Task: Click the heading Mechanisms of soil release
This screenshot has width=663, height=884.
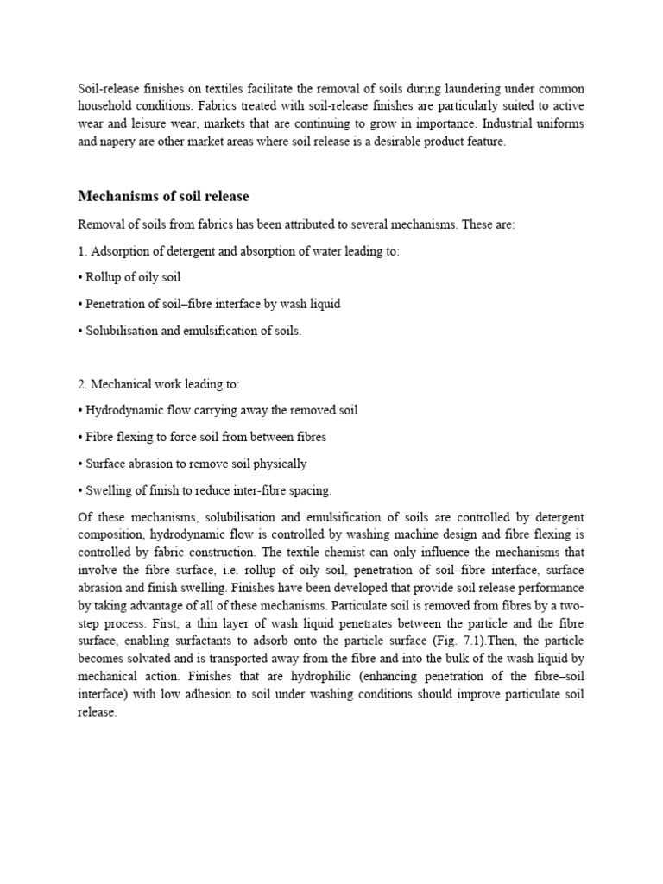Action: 163,196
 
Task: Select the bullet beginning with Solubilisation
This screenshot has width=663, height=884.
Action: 190,331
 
